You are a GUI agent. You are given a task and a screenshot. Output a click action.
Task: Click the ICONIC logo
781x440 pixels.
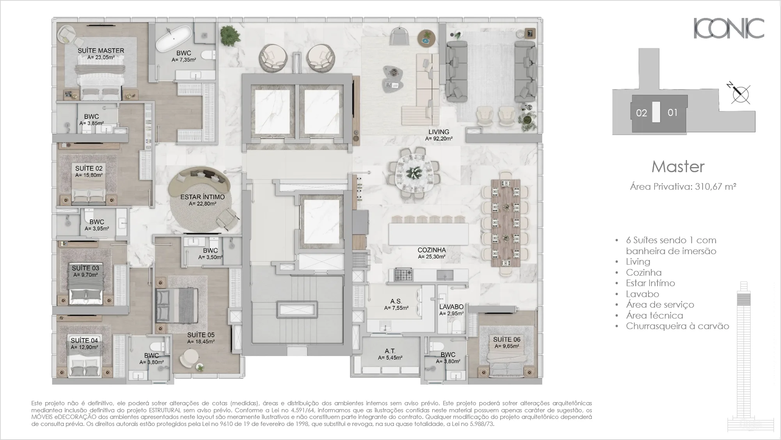pyautogui.click(x=729, y=28)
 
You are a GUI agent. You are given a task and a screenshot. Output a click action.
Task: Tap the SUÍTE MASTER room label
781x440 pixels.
pyautogui.click(x=101, y=50)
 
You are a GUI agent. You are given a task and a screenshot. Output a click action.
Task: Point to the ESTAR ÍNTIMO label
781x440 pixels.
pyautogui.click(x=202, y=197)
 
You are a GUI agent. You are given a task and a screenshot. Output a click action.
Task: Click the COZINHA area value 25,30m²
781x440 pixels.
pyautogui.click(x=431, y=257)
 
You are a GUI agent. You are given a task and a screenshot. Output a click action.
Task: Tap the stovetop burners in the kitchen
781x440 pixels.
pyautogui.click(x=403, y=274)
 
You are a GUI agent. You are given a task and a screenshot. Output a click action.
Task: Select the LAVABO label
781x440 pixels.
pyautogui.click(x=451, y=307)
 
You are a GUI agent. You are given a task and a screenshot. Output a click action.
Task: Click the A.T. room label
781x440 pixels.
pyautogui.click(x=390, y=351)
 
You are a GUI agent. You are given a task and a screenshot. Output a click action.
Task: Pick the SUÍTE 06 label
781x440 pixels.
pyautogui.click(x=506, y=339)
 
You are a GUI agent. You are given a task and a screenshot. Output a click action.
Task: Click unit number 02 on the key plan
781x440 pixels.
pyautogui.click(x=641, y=113)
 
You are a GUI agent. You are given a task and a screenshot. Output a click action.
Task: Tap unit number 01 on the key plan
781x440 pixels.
pyautogui.click(x=673, y=112)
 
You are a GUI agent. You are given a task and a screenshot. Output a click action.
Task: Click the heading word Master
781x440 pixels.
pyautogui.click(x=678, y=167)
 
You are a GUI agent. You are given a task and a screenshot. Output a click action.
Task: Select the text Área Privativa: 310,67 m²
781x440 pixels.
pyautogui.click(x=683, y=187)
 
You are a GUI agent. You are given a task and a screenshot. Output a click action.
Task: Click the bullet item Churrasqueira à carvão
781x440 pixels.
pyautogui.click(x=677, y=326)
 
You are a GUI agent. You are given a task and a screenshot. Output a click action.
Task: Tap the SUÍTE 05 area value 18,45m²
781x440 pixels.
pyautogui.click(x=201, y=342)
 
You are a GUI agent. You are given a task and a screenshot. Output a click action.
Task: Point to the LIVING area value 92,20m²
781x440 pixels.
pyautogui.click(x=438, y=139)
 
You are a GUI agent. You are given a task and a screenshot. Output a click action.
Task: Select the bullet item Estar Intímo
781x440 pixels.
pyautogui.click(x=650, y=283)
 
